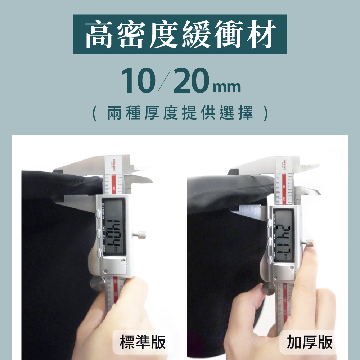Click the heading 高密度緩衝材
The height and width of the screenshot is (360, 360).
(x=180, y=35)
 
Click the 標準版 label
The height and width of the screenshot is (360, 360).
(x=143, y=342)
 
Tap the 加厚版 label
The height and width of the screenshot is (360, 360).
(x=310, y=342)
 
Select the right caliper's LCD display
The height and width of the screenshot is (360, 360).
(x=283, y=235)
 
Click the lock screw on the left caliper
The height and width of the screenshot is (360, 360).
(x=141, y=235)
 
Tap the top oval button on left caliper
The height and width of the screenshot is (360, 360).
(x=98, y=215)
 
